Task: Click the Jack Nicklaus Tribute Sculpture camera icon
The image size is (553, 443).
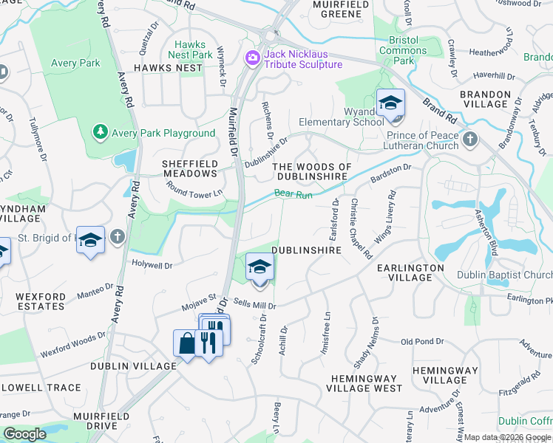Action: (253, 57)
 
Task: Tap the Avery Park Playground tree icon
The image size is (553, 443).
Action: (100, 132)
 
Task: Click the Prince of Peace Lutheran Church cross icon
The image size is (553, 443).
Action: (468, 139)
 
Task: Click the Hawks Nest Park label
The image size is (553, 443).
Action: (190, 49)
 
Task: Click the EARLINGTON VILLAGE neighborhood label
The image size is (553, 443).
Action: (410, 272)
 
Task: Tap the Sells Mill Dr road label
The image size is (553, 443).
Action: (256, 305)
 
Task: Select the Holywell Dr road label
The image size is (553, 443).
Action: (152, 264)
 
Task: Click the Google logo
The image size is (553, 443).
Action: (24, 434)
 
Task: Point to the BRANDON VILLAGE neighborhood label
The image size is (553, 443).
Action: (484, 100)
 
